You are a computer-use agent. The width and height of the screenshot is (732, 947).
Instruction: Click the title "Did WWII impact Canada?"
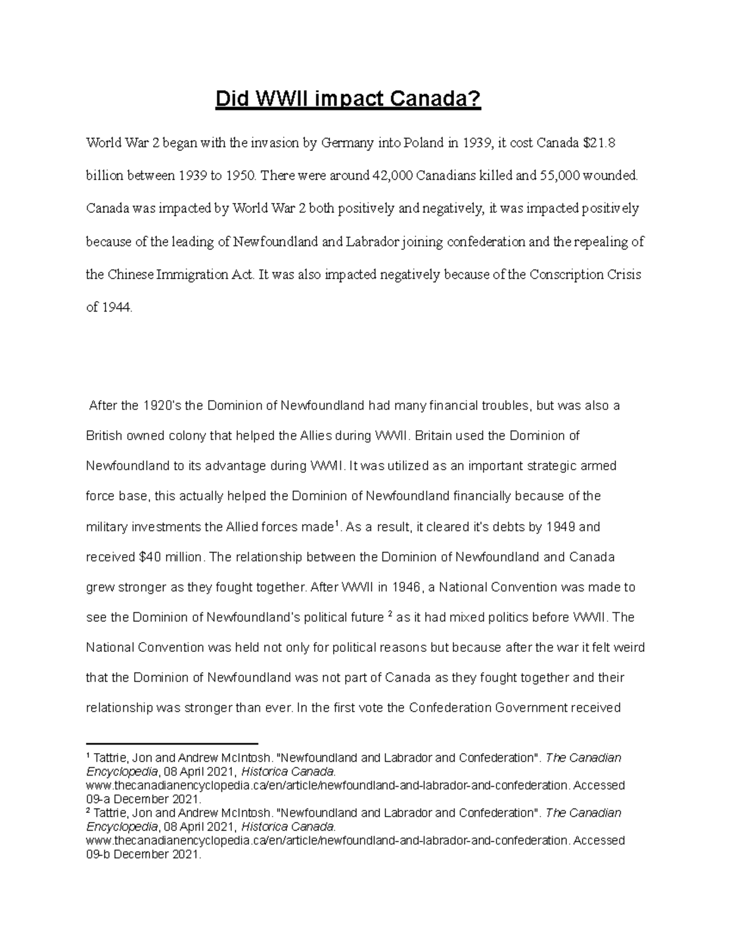(x=348, y=99)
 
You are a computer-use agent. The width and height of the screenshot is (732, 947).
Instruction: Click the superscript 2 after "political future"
(x=389, y=614)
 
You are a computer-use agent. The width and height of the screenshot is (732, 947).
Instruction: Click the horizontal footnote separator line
(x=173, y=743)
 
